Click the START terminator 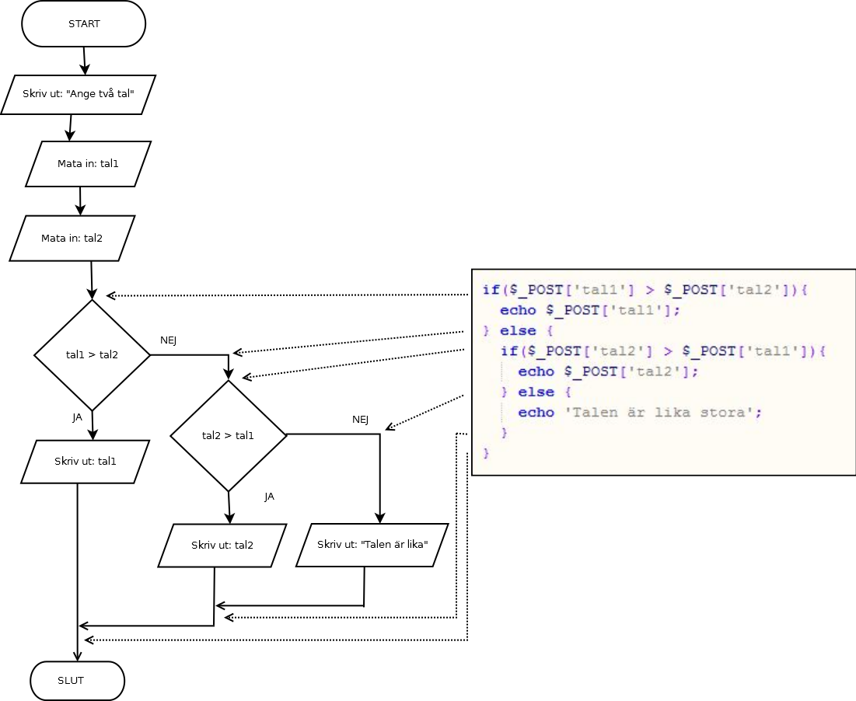[84, 24]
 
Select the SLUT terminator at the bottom [77, 681]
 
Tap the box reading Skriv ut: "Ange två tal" [79, 95]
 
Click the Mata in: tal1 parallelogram [88, 164]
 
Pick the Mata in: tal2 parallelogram [72, 238]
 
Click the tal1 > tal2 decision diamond [92, 355]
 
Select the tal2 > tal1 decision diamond [229, 435]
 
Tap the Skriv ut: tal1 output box [85, 462]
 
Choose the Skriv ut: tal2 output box [222, 546]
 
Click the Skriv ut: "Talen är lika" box [372, 544]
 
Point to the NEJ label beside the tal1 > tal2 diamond [169, 340]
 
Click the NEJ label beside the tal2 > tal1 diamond [360, 420]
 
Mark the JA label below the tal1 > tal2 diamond [78, 417]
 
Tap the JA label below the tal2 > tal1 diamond [269, 497]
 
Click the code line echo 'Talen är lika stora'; [640, 413]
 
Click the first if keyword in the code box [491, 290]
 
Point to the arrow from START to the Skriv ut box [85, 61]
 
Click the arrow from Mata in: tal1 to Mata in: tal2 [80, 201]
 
